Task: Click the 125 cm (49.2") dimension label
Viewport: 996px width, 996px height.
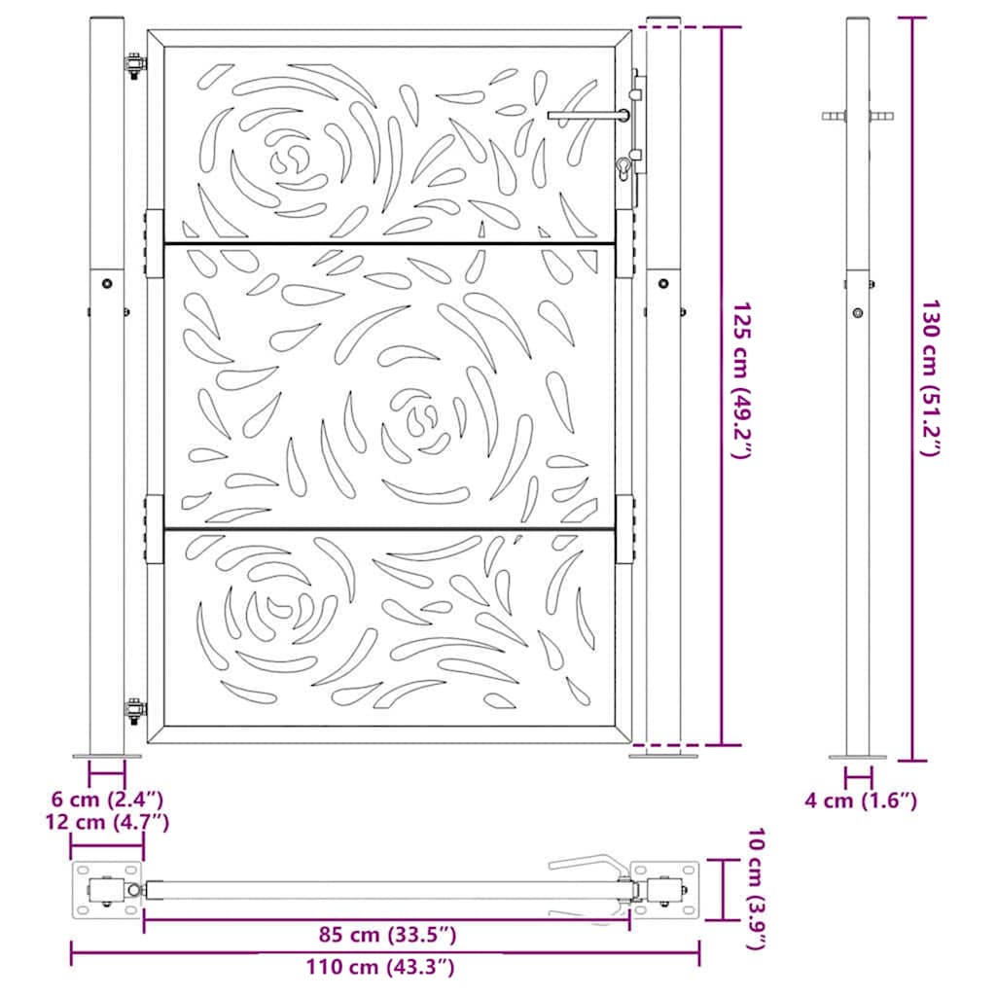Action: coord(742,382)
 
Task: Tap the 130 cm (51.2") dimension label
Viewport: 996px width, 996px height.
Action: coord(932,378)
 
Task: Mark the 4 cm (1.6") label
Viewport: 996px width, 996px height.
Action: coord(861,800)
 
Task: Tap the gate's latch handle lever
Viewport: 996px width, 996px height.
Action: coord(584,115)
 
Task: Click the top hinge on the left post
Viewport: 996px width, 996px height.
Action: coord(133,66)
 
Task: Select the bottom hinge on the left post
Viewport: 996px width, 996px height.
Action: coord(133,709)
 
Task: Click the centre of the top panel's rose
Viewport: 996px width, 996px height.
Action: coord(289,158)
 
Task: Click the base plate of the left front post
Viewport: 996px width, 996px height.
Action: coord(107,756)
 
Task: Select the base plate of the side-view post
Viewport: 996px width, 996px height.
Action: coord(857,757)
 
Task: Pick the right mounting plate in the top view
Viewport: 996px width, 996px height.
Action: coord(665,889)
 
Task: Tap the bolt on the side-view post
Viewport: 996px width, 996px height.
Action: coord(857,312)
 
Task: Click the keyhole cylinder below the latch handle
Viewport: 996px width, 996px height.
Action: coord(622,171)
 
